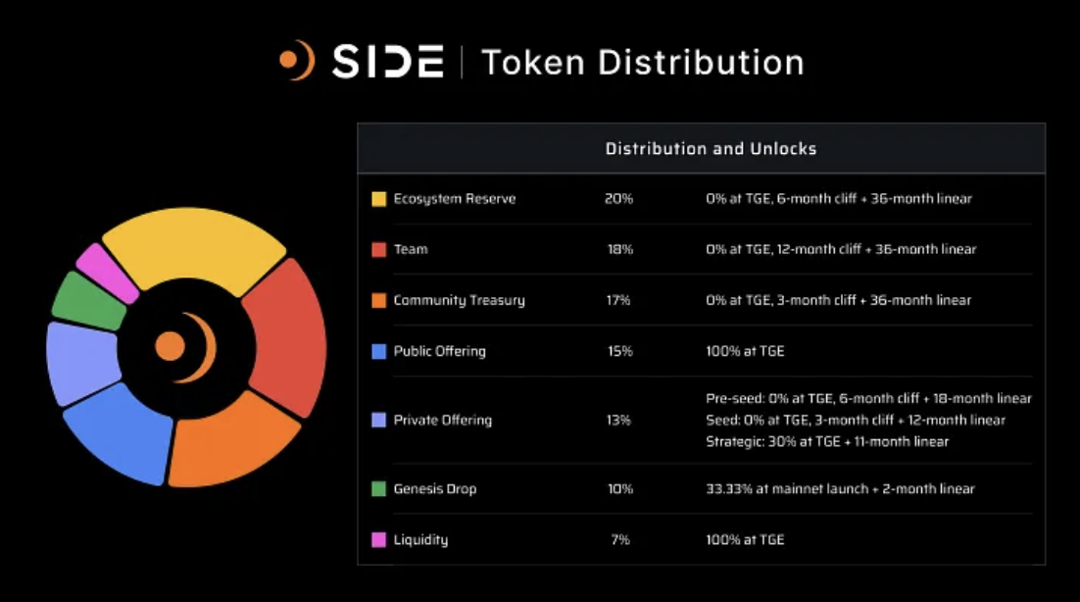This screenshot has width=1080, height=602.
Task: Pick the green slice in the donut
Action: coord(88,301)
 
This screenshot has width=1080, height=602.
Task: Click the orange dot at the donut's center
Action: coord(170,345)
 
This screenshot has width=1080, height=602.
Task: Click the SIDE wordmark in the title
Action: coord(387,62)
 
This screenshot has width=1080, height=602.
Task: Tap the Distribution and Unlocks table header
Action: coord(711,149)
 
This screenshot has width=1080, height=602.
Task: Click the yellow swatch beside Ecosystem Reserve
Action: coord(378,199)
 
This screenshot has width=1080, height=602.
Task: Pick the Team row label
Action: coord(411,249)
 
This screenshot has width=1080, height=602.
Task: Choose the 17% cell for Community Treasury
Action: coord(618,300)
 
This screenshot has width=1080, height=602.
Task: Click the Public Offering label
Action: coord(439,351)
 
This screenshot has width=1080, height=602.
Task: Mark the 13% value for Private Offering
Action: coord(618,420)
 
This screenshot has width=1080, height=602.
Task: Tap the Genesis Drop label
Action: coord(434,488)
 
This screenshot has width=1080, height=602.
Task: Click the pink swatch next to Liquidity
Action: coord(378,539)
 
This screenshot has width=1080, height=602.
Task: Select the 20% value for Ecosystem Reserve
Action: coord(618,199)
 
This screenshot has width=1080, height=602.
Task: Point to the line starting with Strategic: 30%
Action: coord(826,441)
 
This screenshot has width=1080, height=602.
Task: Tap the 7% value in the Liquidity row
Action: coord(619,539)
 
